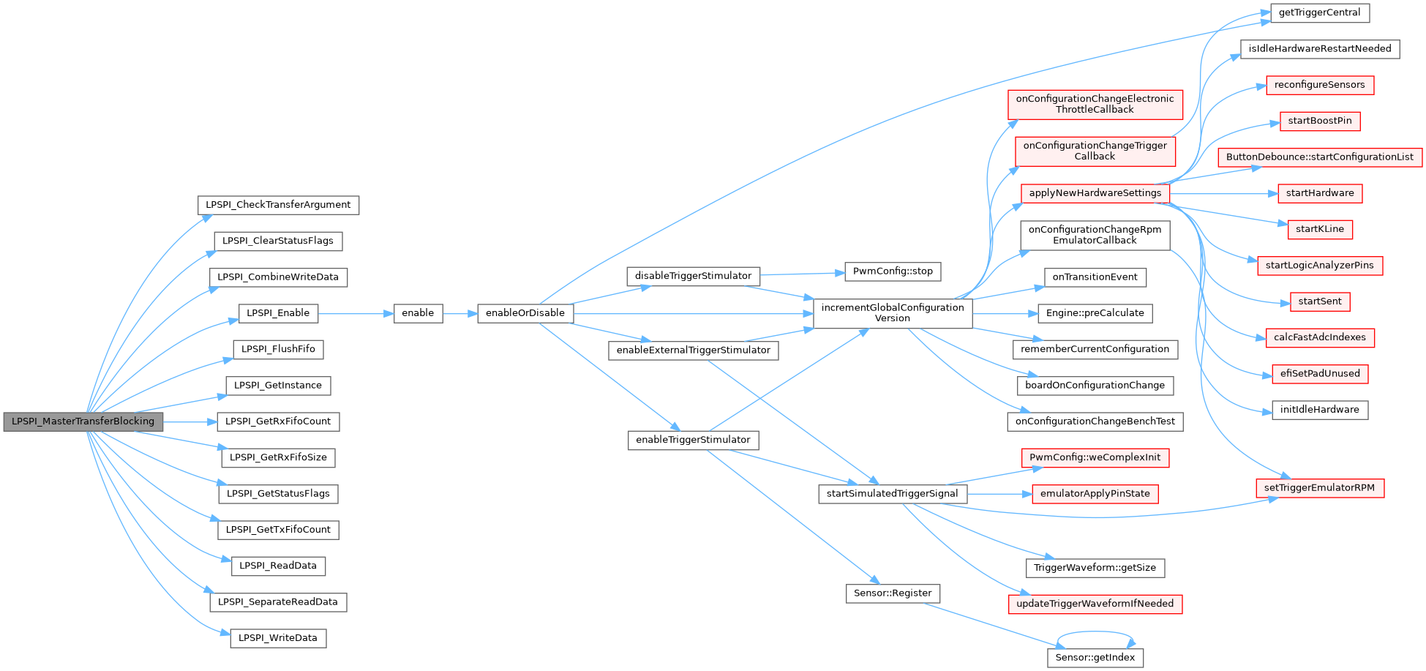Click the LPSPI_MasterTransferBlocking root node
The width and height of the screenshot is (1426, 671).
click(83, 421)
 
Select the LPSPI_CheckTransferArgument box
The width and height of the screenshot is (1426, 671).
click(278, 205)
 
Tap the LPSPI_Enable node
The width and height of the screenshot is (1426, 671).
click(278, 313)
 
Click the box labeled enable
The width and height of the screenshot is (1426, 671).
click(418, 313)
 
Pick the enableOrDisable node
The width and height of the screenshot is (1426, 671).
click(525, 313)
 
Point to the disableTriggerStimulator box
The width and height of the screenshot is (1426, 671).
click(693, 277)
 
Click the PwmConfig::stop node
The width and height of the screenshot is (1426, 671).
click(893, 271)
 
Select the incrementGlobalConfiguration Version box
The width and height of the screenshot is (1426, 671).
click(893, 313)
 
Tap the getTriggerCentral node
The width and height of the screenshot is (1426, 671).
click(1319, 12)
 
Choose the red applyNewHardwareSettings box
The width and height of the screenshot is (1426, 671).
click(1095, 193)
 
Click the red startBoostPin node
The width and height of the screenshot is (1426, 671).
click(1320, 121)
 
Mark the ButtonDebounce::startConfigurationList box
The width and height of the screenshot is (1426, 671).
click(1320, 157)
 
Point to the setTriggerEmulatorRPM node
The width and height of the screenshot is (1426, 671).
click(1320, 488)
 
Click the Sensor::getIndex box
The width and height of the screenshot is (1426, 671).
click(1095, 658)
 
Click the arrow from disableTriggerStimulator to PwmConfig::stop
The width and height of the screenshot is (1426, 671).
click(803, 274)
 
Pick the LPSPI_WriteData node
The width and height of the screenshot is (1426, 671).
click(278, 638)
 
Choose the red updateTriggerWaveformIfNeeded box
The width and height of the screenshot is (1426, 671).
click(1095, 604)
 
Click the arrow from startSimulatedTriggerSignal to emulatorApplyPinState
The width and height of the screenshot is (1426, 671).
click(999, 494)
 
